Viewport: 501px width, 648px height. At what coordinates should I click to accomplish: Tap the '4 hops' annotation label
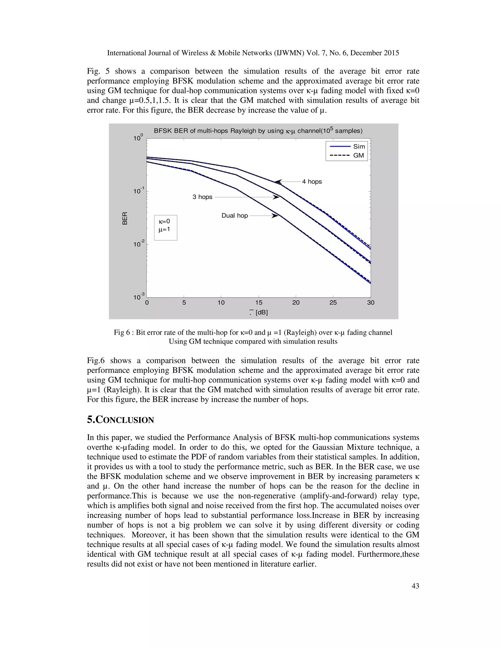click(312, 182)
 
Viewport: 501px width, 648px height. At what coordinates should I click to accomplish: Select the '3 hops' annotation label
click(202, 197)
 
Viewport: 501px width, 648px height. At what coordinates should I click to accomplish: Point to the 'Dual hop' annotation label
click(234, 216)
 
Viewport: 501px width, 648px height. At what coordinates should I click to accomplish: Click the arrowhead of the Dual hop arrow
click(276, 216)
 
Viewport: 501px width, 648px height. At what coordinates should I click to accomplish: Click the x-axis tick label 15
click(259, 303)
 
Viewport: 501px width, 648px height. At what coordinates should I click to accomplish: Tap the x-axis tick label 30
click(370, 303)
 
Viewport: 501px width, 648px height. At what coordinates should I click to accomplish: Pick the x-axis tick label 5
click(184, 303)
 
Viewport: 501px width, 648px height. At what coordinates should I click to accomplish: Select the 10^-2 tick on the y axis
click(139, 245)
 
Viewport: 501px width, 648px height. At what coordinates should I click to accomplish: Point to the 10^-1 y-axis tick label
click(139, 191)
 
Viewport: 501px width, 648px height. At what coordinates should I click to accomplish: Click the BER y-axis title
click(125, 218)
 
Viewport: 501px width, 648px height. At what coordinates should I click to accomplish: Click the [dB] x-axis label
click(262, 313)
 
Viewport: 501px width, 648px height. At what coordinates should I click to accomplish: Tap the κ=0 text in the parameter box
click(164, 221)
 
